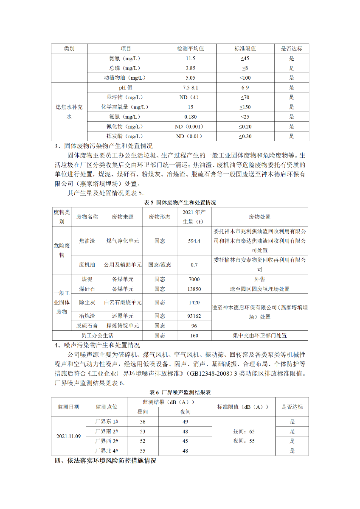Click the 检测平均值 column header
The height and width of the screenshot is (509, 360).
coord(190,49)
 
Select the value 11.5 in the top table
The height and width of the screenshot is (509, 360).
coord(190,59)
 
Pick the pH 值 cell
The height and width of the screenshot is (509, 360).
coord(125,88)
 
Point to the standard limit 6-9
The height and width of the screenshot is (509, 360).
coord(245,88)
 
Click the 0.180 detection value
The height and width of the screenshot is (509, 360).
coord(190,117)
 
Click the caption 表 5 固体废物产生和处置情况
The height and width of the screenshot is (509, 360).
coord(180,203)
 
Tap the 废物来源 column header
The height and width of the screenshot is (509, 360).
coord(123,217)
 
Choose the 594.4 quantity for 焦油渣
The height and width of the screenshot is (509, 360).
coord(194,241)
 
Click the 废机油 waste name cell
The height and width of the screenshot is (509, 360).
coord(87,265)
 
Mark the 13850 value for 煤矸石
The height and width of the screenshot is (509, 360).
coord(194,289)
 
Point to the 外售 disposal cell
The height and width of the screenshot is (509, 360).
coord(259,280)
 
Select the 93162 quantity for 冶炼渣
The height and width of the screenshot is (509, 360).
coord(194,316)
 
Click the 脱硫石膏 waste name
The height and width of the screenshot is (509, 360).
coord(87,326)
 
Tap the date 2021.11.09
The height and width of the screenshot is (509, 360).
coord(68,436)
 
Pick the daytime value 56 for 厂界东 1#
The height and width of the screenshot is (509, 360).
coord(143,422)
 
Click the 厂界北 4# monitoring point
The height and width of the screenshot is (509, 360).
coord(107,451)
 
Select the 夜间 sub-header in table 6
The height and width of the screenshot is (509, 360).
coord(186,412)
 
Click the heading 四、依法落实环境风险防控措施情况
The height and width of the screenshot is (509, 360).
coord(104,461)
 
